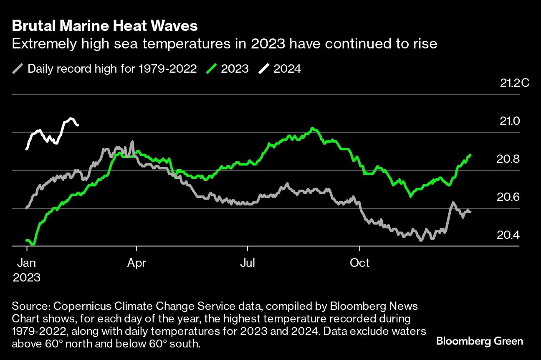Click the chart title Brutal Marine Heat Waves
tap(105, 26)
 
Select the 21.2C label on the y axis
tap(514, 83)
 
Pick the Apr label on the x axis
tap(137, 263)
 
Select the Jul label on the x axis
tap(248, 263)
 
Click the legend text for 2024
tap(287, 68)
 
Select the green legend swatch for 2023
tap(211, 68)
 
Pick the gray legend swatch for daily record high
tap(18, 68)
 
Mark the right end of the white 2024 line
tap(78, 124)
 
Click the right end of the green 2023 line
tap(470, 155)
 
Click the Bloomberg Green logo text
tap(480, 341)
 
